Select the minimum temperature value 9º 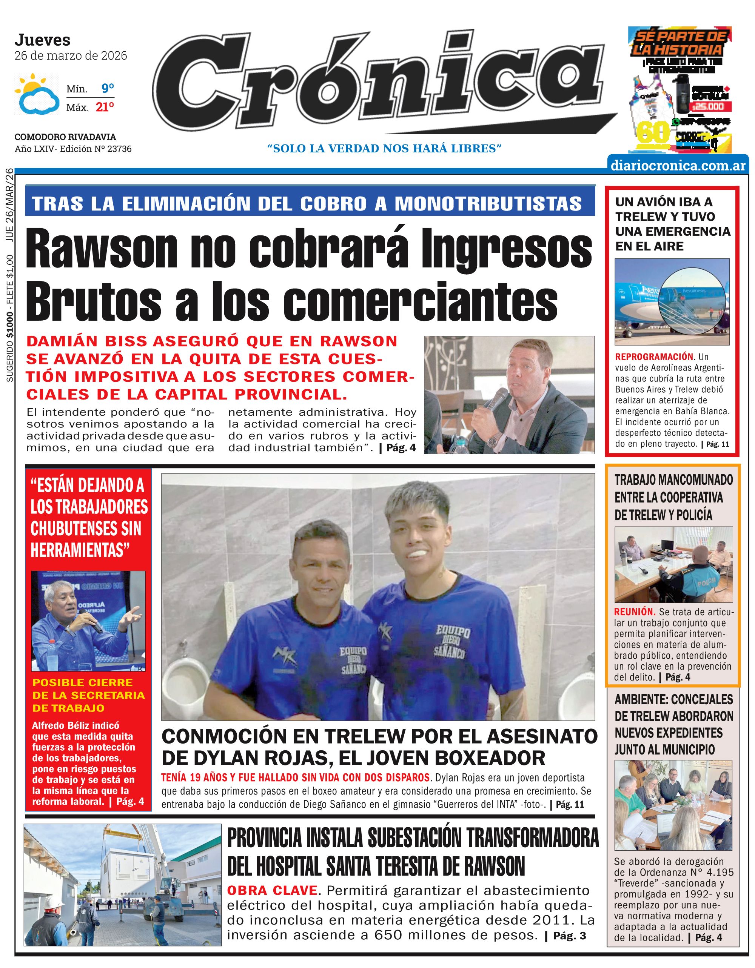click(x=107, y=89)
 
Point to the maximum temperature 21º click(x=105, y=107)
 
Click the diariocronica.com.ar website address click(x=678, y=165)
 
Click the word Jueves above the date click(x=43, y=40)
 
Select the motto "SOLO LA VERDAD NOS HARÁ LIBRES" click(x=384, y=149)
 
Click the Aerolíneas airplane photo click(x=672, y=301)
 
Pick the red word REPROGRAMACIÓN click(x=654, y=357)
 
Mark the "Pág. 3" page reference click(x=570, y=936)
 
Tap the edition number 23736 click(x=119, y=149)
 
